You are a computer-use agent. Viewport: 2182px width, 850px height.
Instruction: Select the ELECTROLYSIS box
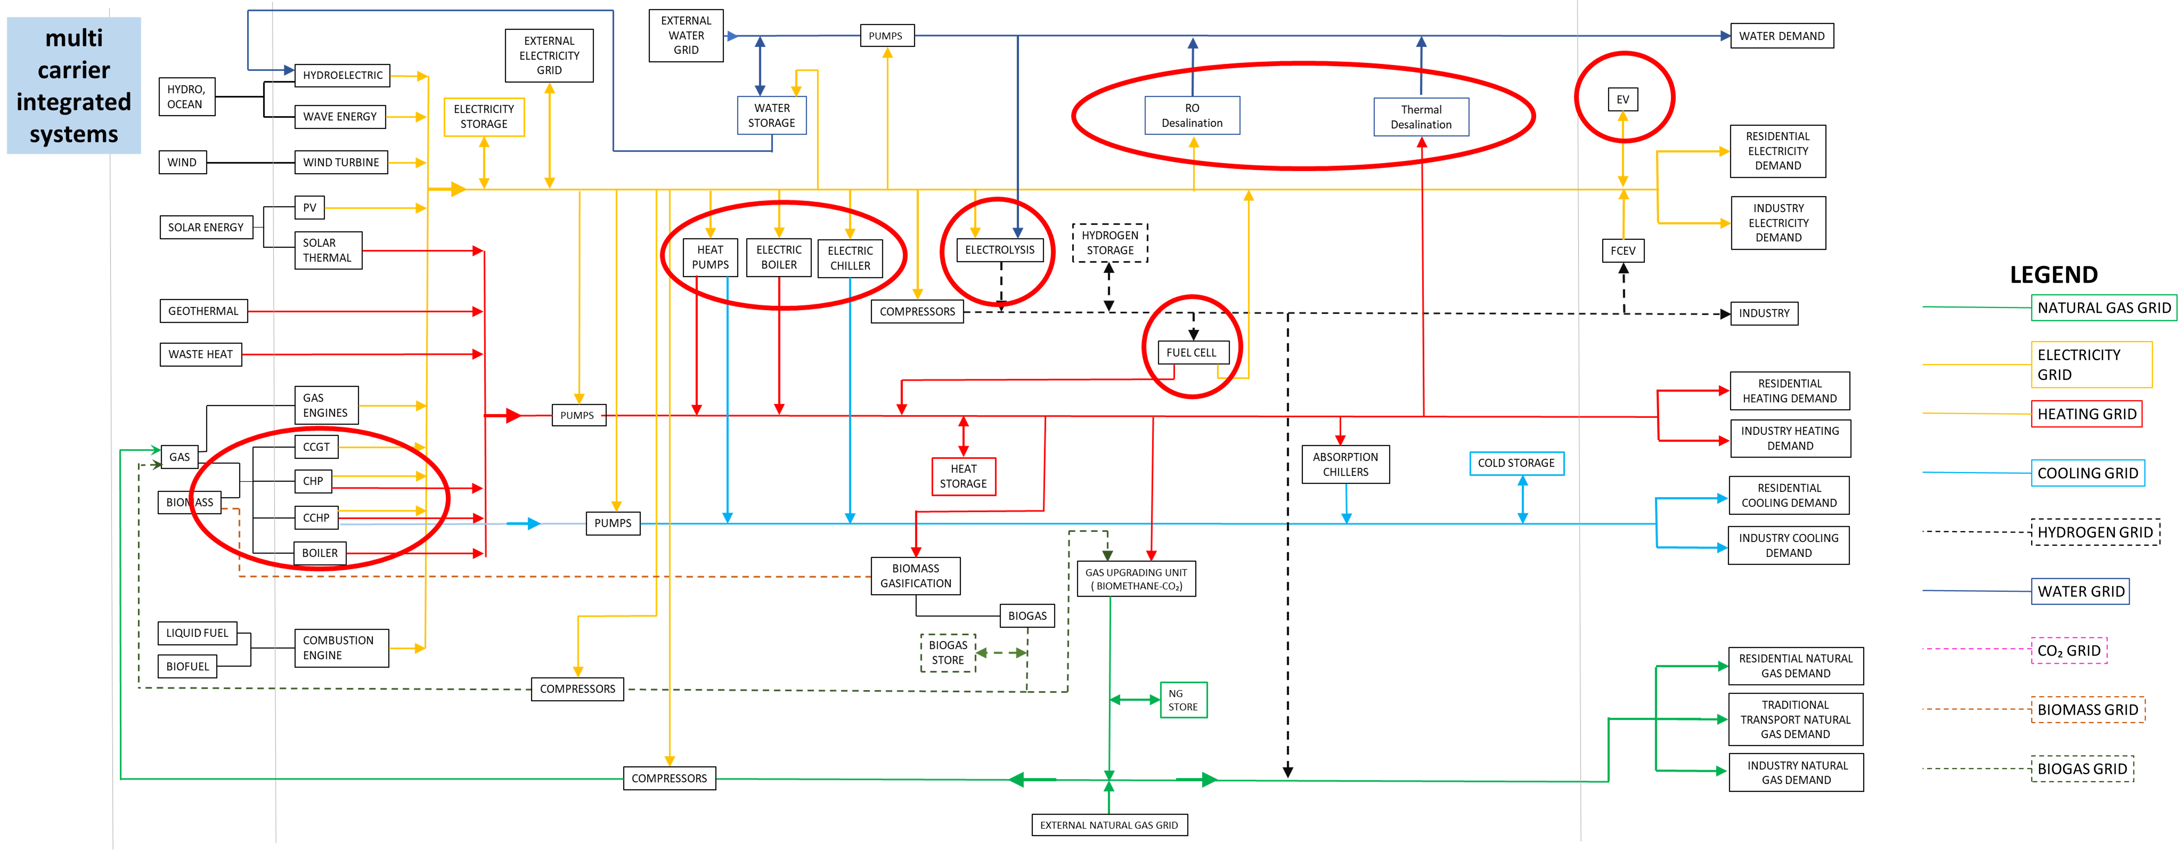coord(1000,250)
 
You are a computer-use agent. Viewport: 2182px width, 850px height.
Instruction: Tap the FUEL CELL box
coord(1191,353)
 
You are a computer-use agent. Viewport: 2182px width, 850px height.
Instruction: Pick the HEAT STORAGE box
coord(963,476)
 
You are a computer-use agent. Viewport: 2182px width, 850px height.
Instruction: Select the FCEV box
coord(1623,251)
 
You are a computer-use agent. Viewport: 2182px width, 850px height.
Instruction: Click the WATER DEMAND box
coord(1781,35)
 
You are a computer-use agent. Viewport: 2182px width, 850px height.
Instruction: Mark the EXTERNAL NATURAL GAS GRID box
coord(1110,824)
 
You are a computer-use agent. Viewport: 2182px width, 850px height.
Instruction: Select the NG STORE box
coord(1183,700)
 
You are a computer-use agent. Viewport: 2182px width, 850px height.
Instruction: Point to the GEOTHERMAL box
coord(203,311)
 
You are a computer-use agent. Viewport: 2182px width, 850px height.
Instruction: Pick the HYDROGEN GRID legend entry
coord(2095,532)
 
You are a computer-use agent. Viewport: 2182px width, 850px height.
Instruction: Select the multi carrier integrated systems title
coord(74,86)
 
